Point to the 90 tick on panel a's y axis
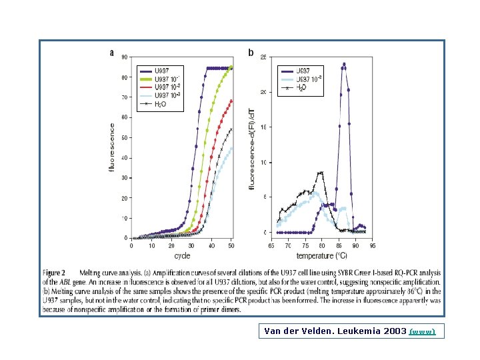(125, 57)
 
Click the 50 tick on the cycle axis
(232, 246)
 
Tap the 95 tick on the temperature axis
(373, 246)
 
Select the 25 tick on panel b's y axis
(263, 57)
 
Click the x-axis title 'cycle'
(182, 255)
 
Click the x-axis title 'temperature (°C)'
(322, 255)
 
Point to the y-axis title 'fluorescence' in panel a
(112, 147)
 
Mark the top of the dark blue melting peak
(344, 64)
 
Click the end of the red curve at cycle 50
(231, 101)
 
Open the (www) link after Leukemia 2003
(423, 331)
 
